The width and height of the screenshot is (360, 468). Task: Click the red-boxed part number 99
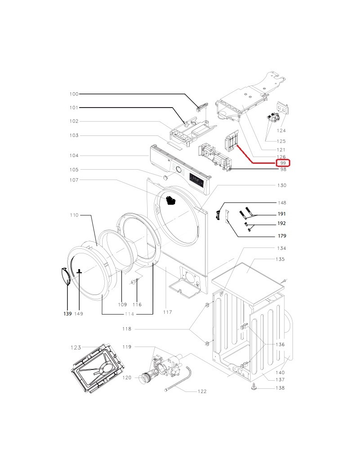283,163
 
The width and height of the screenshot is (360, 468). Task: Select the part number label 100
74,94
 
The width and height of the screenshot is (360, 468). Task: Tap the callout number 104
74,156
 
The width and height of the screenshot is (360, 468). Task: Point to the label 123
75,347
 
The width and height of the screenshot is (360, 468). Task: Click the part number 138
280,388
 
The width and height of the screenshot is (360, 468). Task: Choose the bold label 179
282,236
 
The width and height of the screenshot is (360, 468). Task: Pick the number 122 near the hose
202,391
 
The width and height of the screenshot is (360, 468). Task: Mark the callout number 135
280,259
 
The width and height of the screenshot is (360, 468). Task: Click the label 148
282,203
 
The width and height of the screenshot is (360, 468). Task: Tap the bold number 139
67,313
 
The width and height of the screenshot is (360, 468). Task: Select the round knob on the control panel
178,170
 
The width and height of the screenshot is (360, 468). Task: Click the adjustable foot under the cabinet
254,386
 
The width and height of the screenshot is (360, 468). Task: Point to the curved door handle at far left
65,276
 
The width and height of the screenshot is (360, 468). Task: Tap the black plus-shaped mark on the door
80,271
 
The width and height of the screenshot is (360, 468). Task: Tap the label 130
282,185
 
